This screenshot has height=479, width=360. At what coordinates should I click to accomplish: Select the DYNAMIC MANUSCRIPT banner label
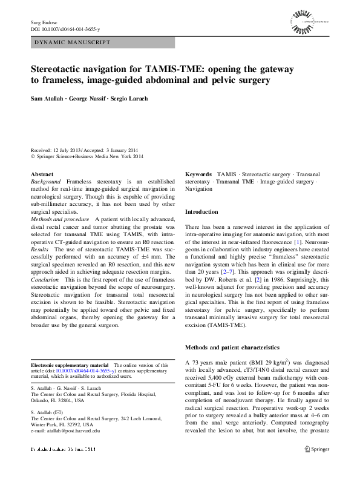(72, 42)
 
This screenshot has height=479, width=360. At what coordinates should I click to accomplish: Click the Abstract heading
(41, 174)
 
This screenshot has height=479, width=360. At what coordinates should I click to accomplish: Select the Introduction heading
(201, 212)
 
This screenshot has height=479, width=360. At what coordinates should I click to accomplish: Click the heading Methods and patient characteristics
(232, 348)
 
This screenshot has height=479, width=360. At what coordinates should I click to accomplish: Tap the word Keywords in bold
(198, 174)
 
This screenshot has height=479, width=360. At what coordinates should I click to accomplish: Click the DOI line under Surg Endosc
(64, 29)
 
